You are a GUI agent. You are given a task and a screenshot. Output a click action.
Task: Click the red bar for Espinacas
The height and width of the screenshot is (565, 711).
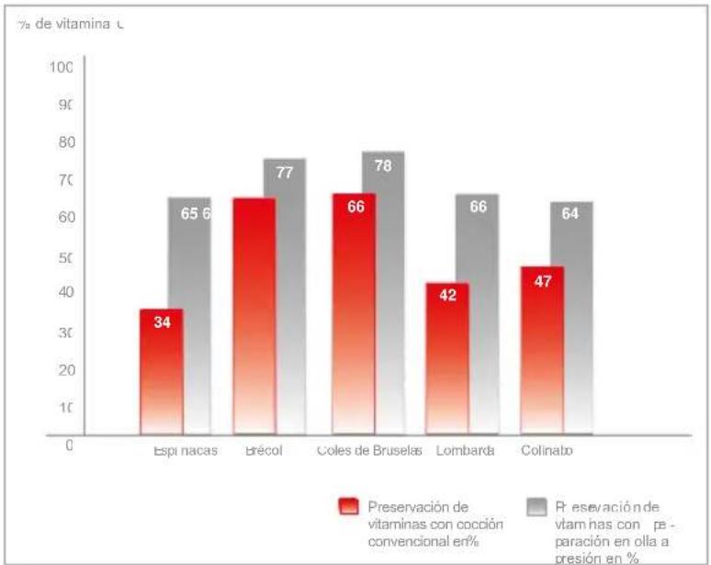pyautogui.click(x=162, y=372)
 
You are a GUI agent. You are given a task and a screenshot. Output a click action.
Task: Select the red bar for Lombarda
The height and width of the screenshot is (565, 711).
pyautogui.click(x=446, y=358)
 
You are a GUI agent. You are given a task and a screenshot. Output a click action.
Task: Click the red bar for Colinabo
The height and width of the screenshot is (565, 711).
pyautogui.click(x=542, y=349)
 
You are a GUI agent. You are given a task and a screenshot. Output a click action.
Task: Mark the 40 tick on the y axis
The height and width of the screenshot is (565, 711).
pyautogui.click(x=61, y=292)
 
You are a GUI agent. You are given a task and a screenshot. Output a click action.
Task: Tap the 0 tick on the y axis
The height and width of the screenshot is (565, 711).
pyautogui.click(x=68, y=444)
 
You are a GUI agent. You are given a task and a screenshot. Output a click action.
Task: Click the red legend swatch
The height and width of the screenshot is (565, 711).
pyautogui.click(x=349, y=507)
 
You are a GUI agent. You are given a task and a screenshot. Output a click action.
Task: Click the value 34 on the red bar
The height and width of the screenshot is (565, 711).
pyautogui.click(x=162, y=322)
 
